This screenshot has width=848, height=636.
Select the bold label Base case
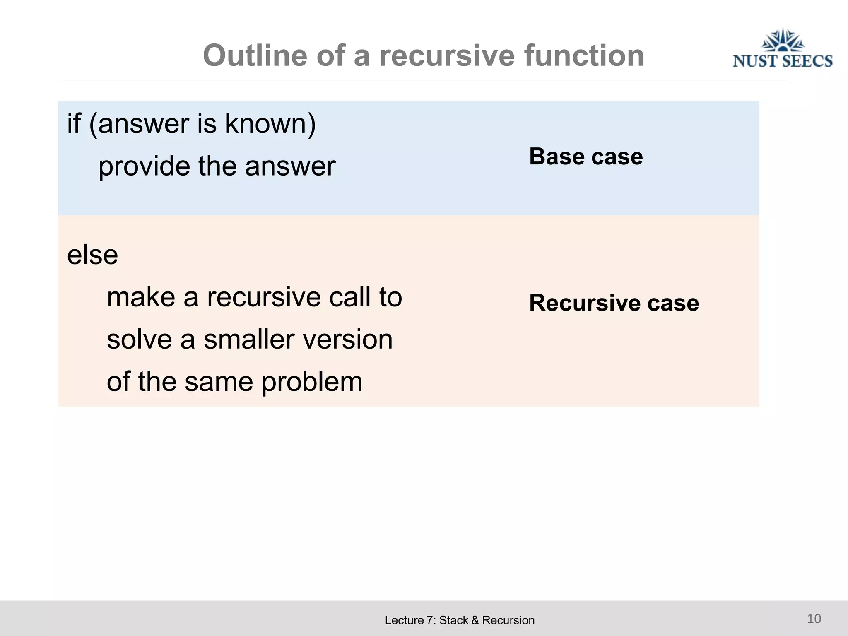point(586,157)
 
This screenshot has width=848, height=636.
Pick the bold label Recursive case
point(614,303)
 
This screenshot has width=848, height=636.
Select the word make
point(141,297)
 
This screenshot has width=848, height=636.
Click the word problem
point(312,382)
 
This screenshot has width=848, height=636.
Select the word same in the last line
point(218,382)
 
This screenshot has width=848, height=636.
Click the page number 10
point(814,619)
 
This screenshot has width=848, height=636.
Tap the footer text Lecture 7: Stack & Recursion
point(460,620)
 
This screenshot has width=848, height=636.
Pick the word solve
point(139,340)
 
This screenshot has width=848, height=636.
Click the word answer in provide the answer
point(290,166)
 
